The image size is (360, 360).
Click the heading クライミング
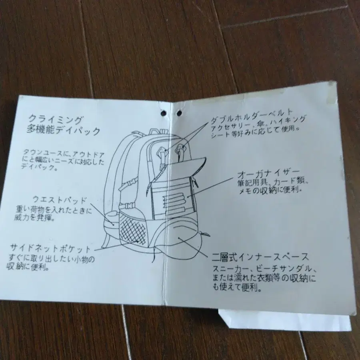(55, 119)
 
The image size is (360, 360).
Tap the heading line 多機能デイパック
(64, 130)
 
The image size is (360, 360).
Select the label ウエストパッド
(60, 199)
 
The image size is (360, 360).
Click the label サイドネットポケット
(50, 248)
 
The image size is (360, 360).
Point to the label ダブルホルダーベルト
(252, 117)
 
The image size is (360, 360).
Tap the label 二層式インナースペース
(260, 257)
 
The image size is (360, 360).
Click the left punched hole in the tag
(163, 113)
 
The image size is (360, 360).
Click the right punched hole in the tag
(179, 113)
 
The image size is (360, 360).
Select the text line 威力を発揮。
(34, 217)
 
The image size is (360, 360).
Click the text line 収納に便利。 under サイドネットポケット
(28, 267)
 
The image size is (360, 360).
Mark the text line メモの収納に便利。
(270, 190)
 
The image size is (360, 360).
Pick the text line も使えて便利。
(237, 287)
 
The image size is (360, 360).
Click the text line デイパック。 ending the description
(39, 167)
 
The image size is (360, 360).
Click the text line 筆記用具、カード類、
(273, 182)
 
